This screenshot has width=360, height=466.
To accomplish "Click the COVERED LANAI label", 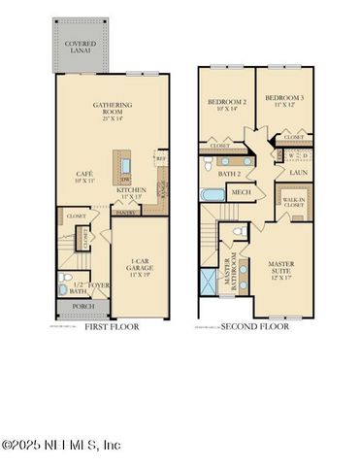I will [80, 48].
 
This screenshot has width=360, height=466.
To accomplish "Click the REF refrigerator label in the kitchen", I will [160, 157].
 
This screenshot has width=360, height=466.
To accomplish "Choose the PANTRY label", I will [124, 212].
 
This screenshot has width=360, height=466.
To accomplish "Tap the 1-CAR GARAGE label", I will [139, 264].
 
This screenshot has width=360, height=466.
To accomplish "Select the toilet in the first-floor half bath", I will [63, 287].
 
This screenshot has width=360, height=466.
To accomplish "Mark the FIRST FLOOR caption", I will [113, 327].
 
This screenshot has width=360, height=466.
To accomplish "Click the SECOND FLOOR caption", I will [255, 327].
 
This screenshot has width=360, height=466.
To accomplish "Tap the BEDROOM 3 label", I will [285, 102].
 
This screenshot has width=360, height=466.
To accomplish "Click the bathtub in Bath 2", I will [213, 193].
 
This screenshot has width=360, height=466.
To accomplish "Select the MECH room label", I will [240, 192].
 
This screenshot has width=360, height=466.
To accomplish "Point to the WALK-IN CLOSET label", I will [292, 202].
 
